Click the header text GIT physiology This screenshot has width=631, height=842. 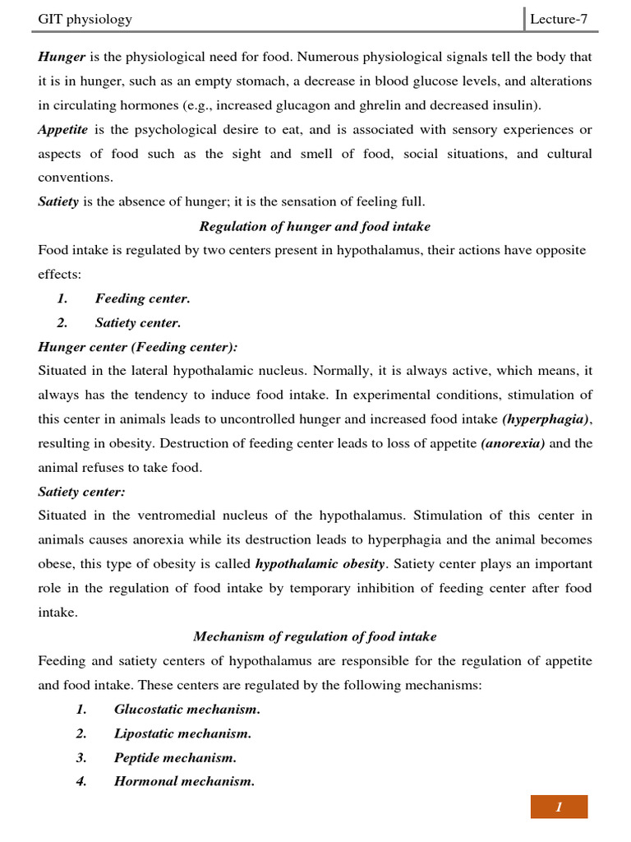point(85,19)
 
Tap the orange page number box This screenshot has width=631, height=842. point(559,807)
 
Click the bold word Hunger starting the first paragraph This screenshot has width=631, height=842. point(62,58)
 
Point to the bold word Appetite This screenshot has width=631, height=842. point(64,130)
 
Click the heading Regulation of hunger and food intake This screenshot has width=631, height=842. point(315,226)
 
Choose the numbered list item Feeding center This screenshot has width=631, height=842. point(142,298)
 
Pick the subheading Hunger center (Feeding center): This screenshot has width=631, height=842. point(138,347)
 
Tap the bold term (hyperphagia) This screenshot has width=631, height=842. point(546,419)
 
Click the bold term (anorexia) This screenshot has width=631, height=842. point(513,443)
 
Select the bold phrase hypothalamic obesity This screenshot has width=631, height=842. point(320,564)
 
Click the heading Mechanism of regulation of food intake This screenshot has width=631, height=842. point(315,636)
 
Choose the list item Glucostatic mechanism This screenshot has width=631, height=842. point(187,709)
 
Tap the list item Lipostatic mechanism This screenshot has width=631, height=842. point(182,733)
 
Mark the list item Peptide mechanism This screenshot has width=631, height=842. point(175,757)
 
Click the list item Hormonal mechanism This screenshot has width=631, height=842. point(184,782)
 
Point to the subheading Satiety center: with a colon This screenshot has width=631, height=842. point(81,492)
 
